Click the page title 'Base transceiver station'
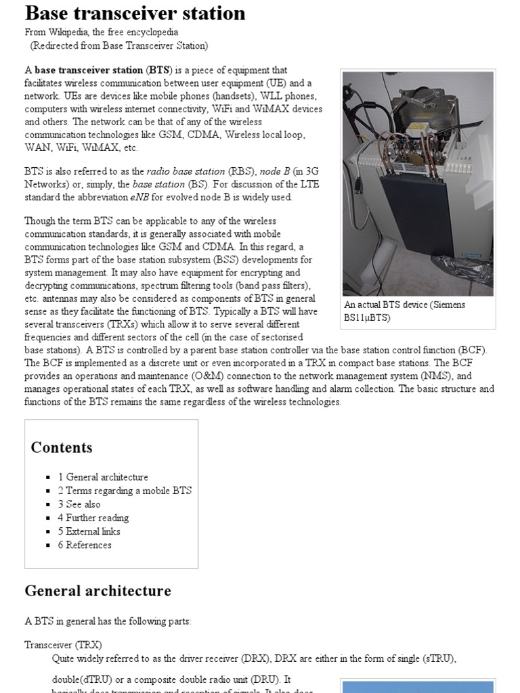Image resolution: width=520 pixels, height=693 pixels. tap(135, 13)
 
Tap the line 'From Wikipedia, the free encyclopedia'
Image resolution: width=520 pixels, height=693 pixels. tap(102, 32)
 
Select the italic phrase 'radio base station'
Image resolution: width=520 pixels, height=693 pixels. tap(183, 171)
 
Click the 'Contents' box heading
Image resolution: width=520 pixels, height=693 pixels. tap(62, 447)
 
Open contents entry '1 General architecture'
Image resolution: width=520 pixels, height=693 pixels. tap(103, 477)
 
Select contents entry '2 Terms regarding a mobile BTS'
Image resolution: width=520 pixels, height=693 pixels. tap(125, 491)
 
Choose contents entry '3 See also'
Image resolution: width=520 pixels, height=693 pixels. tap(79, 504)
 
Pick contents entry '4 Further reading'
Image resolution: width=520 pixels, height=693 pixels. tap(93, 518)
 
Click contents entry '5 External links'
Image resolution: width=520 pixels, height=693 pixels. tap(89, 531)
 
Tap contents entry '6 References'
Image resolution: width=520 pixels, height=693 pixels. tap(85, 545)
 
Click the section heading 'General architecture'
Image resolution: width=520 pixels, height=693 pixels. tap(97, 591)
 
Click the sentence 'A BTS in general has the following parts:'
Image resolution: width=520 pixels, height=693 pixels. tap(108, 621)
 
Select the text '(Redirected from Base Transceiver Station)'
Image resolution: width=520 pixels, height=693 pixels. tap(119, 45)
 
